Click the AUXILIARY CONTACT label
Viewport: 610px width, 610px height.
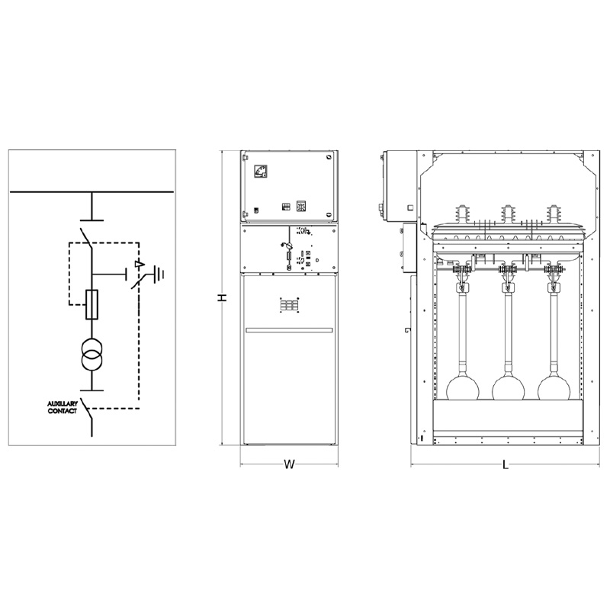pyautogui.click(x=63, y=407)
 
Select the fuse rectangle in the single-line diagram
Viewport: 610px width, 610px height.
pyautogui.click(x=91, y=304)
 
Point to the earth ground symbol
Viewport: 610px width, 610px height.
pyautogui.click(x=159, y=274)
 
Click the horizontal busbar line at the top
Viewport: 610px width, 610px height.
pyautogui.click(x=91, y=192)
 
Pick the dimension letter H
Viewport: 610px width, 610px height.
pyautogui.click(x=222, y=297)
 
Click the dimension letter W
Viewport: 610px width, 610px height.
pyautogui.click(x=289, y=464)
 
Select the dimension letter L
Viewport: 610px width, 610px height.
pyautogui.click(x=506, y=464)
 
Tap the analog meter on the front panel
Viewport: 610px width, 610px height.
pyautogui.click(x=260, y=172)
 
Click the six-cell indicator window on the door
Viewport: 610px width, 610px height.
pyautogui.click(x=289, y=304)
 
